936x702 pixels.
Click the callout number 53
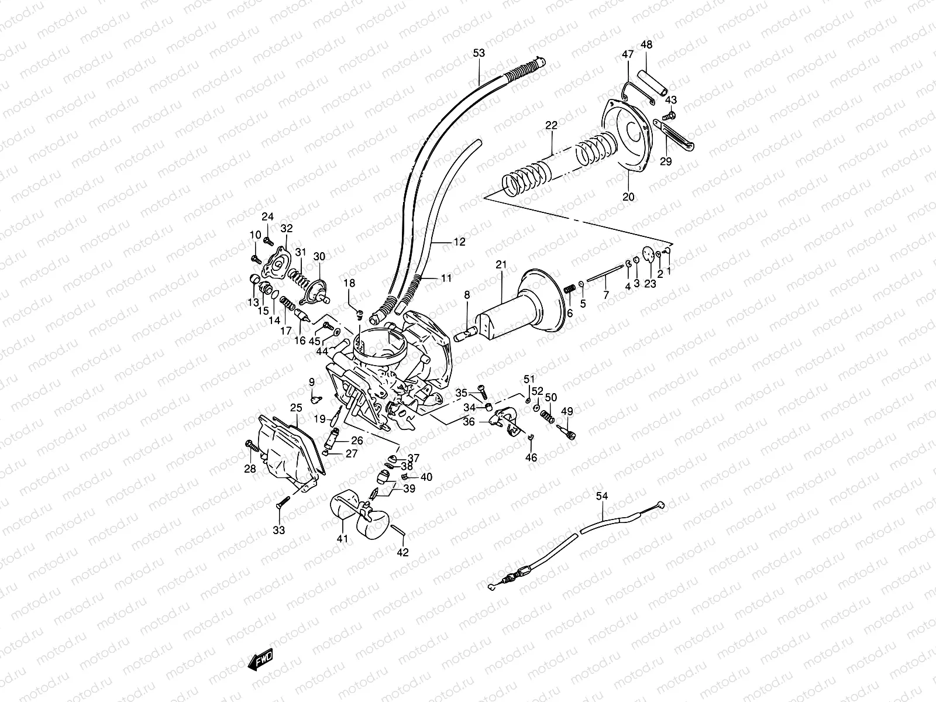(x=479, y=53)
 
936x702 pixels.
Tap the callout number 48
(x=646, y=44)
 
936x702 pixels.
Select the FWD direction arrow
(x=260, y=660)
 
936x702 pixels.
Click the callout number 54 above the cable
(x=602, y=496)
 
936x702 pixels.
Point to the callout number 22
(x=552, y=125)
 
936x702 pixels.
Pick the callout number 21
(x=501, y=266)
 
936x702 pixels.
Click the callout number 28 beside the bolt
(x=250, y=469)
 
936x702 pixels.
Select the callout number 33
(x=279, y=531)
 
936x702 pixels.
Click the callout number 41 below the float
(x=342, y=539)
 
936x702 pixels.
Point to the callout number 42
(x=403, y=552)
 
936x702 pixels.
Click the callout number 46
(x=531, y=458)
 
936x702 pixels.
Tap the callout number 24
(x=267, y=216)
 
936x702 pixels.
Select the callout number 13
(x=253, y=302)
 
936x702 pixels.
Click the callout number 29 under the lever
(x=666, y=161)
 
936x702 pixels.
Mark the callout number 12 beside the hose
(x=460, y=242)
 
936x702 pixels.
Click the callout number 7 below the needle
(x=606, y=296)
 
